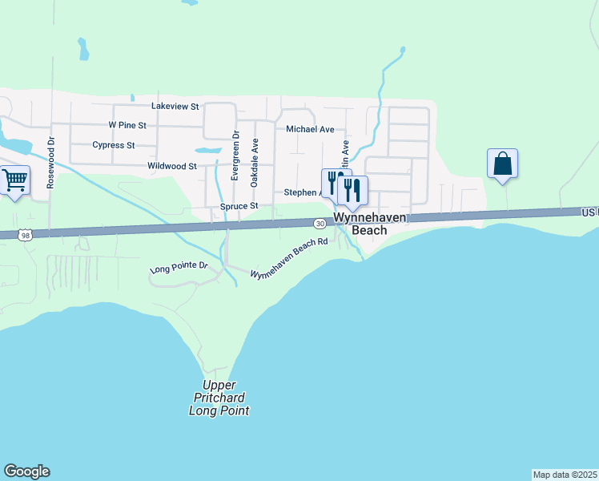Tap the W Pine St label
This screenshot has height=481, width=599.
127,125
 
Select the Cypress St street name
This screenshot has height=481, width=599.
113,145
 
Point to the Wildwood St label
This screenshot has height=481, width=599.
172,166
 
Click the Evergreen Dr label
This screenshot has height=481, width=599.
235,156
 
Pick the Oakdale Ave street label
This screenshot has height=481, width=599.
255,163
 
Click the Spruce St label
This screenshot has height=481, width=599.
239,206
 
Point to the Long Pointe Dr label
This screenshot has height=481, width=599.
179,267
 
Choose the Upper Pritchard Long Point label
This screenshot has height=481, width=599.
219,398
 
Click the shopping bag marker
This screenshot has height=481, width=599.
502,164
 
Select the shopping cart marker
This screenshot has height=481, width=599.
14,180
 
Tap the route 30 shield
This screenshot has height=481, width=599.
320,223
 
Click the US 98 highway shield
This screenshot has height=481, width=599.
26,234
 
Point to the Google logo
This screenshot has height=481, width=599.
26,471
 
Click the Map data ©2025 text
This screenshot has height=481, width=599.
565,474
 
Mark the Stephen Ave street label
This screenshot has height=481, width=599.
303,192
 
